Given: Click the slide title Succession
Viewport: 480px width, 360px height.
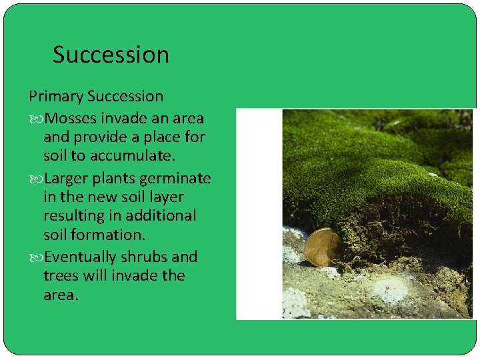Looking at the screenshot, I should coord(111,55).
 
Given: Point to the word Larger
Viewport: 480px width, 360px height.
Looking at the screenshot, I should coord(69,179).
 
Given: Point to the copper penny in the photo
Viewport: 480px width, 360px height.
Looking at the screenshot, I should coord(321,247).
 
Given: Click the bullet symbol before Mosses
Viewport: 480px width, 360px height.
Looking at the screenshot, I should coord(35,119).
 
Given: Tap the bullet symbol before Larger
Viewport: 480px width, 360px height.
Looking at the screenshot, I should coord(35,179).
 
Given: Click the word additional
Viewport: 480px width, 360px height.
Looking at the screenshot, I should coord(164,216).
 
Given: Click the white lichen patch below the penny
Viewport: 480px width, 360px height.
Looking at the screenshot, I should coord(390,291).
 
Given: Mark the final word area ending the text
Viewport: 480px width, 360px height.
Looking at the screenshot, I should coord(60,295).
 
